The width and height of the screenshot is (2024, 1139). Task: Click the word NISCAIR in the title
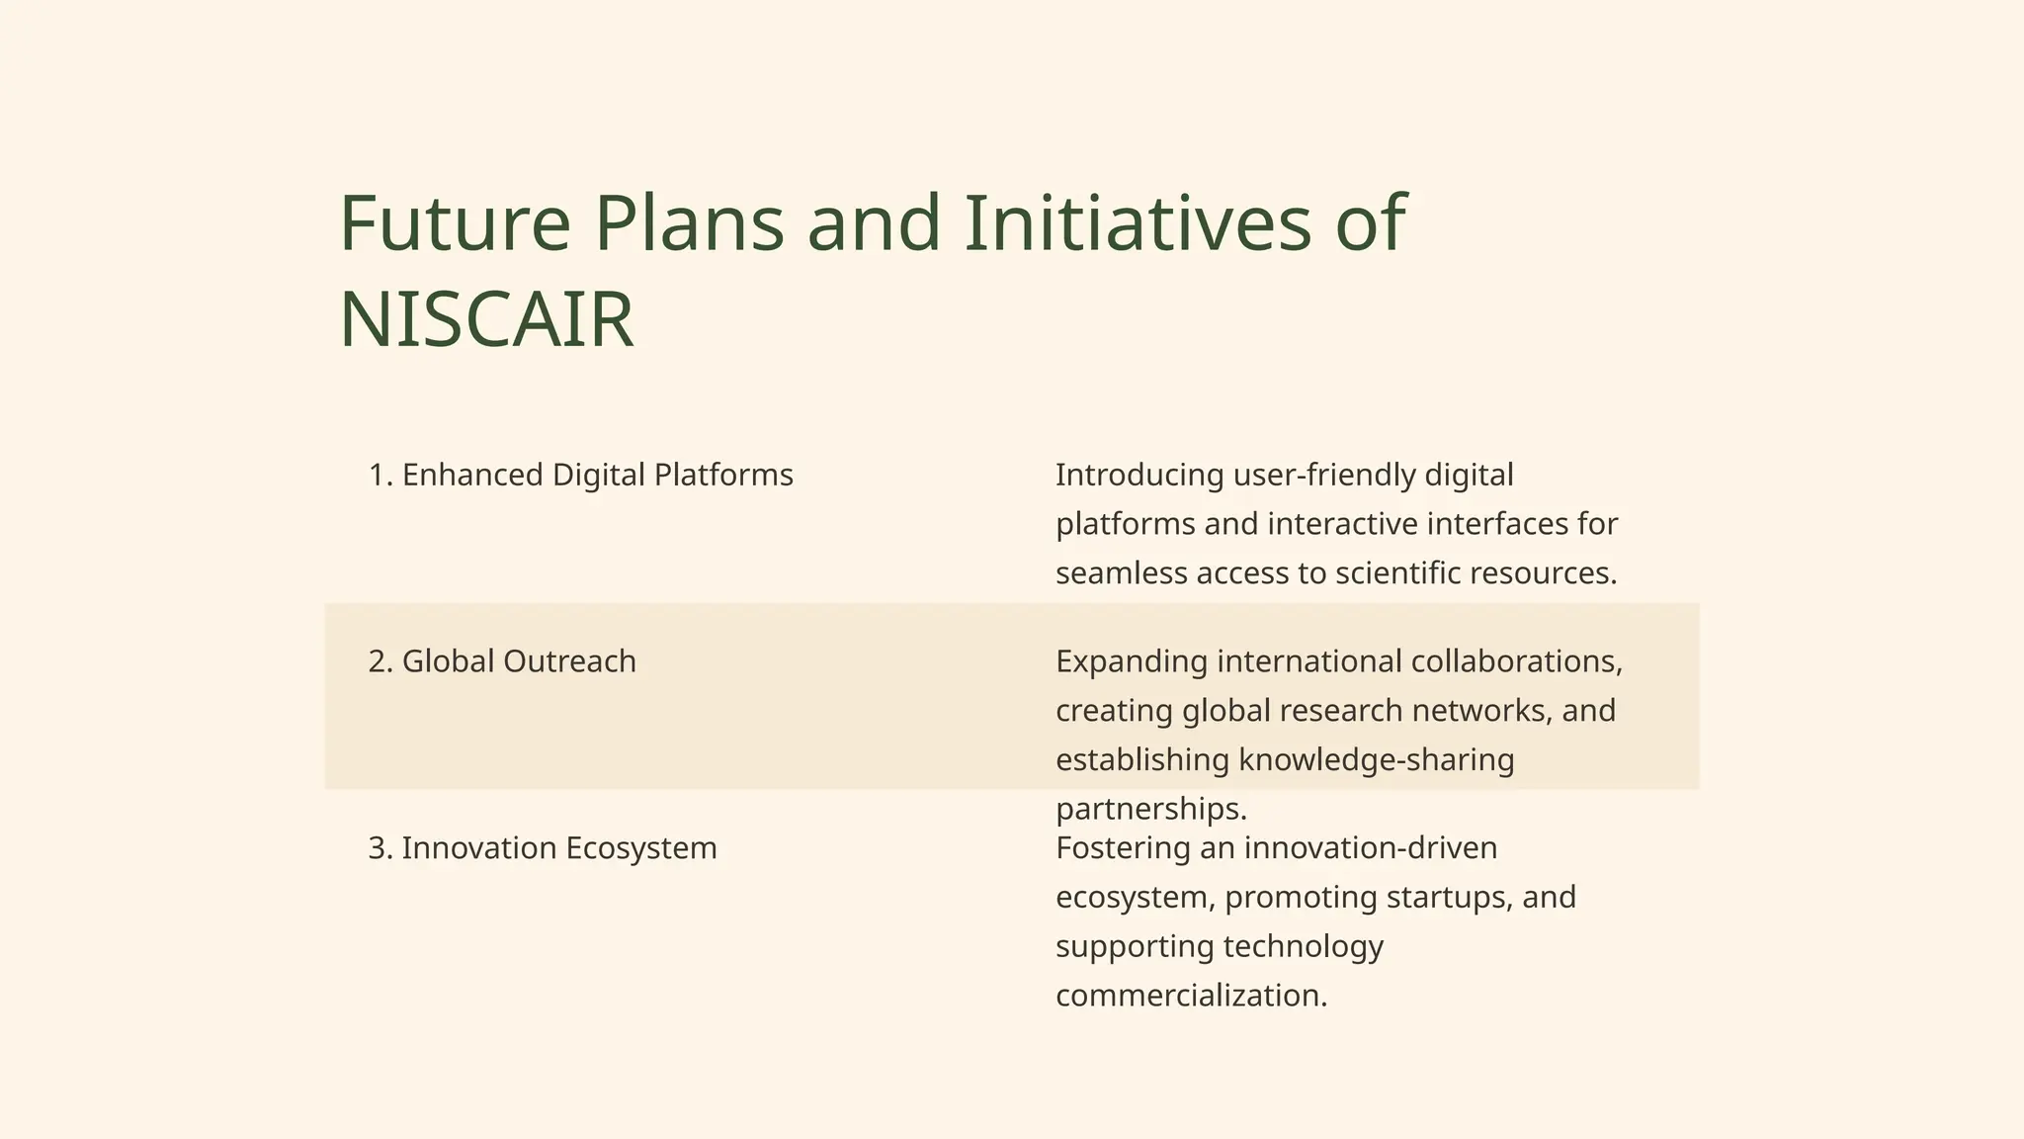pos(485,320)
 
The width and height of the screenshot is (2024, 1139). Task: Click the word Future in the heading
pos(455,223)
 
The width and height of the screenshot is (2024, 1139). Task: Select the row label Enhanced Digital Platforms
pos(580,475)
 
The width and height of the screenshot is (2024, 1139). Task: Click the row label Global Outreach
pos(502,661)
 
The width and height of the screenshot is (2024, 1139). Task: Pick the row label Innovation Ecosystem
pos(543,848)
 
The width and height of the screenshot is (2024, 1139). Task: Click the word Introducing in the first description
pos(1139,475)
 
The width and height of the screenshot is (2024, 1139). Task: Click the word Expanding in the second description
pos(1131,661)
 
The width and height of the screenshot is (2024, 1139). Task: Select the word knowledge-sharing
pos(1376,760)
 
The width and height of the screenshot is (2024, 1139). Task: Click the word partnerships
pos(1150,810)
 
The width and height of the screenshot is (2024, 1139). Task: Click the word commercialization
pos(1191,996)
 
